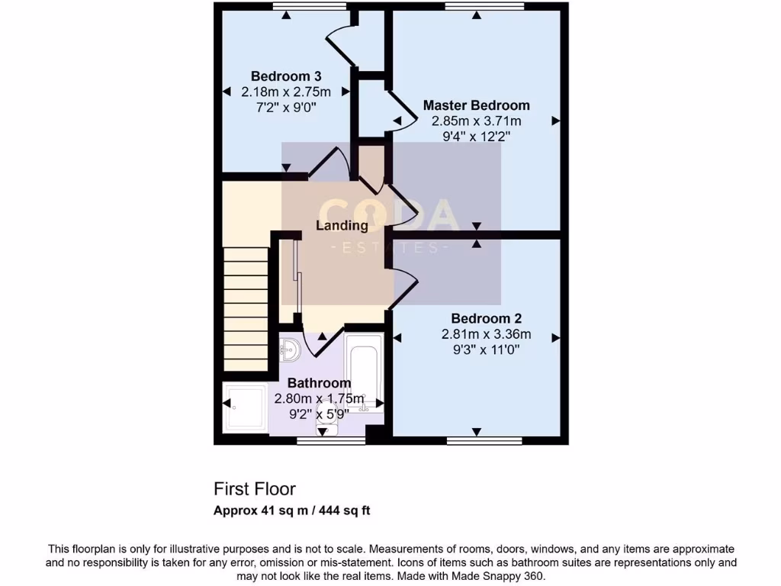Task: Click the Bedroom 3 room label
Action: coord(286,76)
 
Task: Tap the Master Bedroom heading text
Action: coord(476,105)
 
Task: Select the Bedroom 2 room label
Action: coord(486,318)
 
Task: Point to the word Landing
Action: coord(342,225)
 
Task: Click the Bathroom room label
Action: coord(319,383)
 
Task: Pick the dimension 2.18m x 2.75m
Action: coord(286,92)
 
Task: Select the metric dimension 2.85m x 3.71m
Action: coord(476,121)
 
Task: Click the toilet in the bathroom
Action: coord(326,427)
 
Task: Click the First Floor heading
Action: coord(254,489)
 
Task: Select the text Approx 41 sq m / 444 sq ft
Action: coord(291,511)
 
